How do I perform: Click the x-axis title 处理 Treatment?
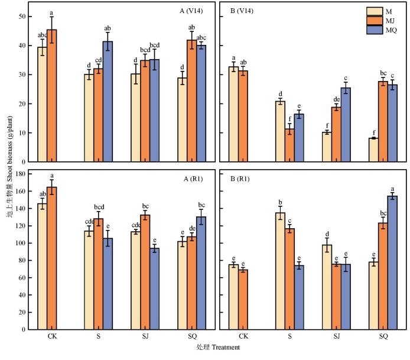pos(218,348)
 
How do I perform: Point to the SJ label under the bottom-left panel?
pos(145,336)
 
